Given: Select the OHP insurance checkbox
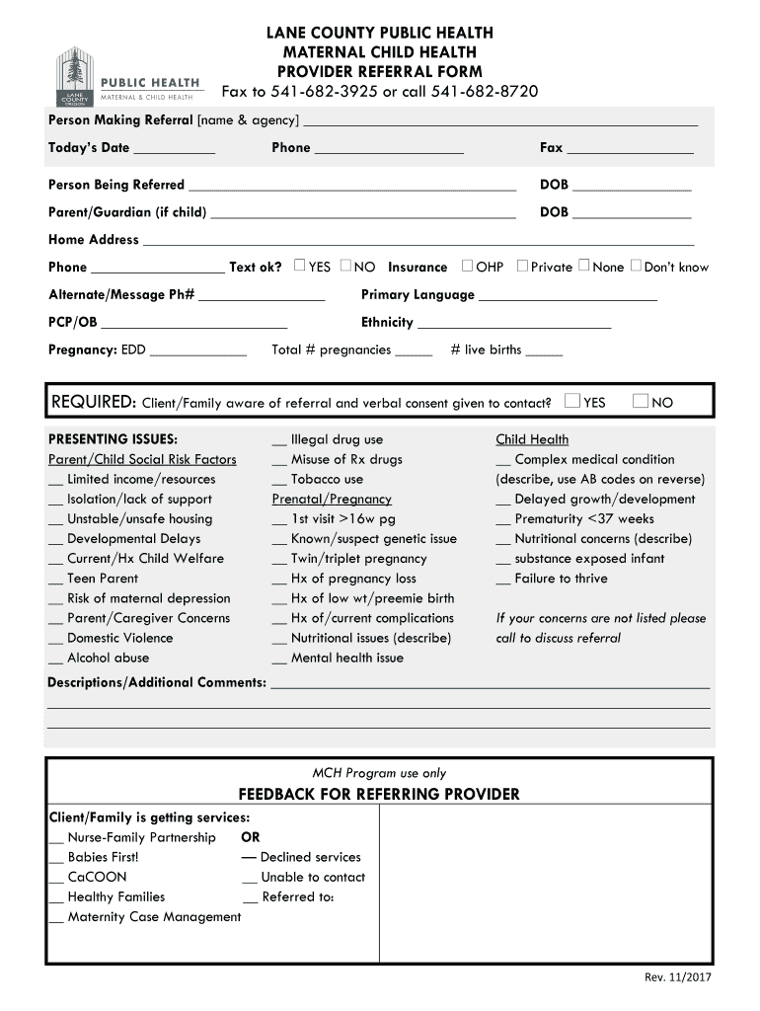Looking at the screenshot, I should pos(468,266).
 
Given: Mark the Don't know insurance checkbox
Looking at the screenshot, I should pos(636,266).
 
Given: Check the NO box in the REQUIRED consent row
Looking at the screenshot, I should pos(640,401).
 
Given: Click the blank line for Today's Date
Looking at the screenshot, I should pos(174,149).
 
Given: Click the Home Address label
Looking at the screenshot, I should pos(94,240).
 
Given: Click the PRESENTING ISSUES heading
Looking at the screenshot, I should pos(114,439).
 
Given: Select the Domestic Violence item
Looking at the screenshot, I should pos(119,638).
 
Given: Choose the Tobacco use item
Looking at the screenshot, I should pos(327,479).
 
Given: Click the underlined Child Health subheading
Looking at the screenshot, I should pos(532,439).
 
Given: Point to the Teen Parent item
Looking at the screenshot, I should pos(103,579).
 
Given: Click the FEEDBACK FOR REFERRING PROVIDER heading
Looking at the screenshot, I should pos(379,794).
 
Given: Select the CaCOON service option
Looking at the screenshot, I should pos(97,877).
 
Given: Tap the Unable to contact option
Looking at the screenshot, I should pos(313,877).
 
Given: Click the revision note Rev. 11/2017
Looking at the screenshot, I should pos(678,977).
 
